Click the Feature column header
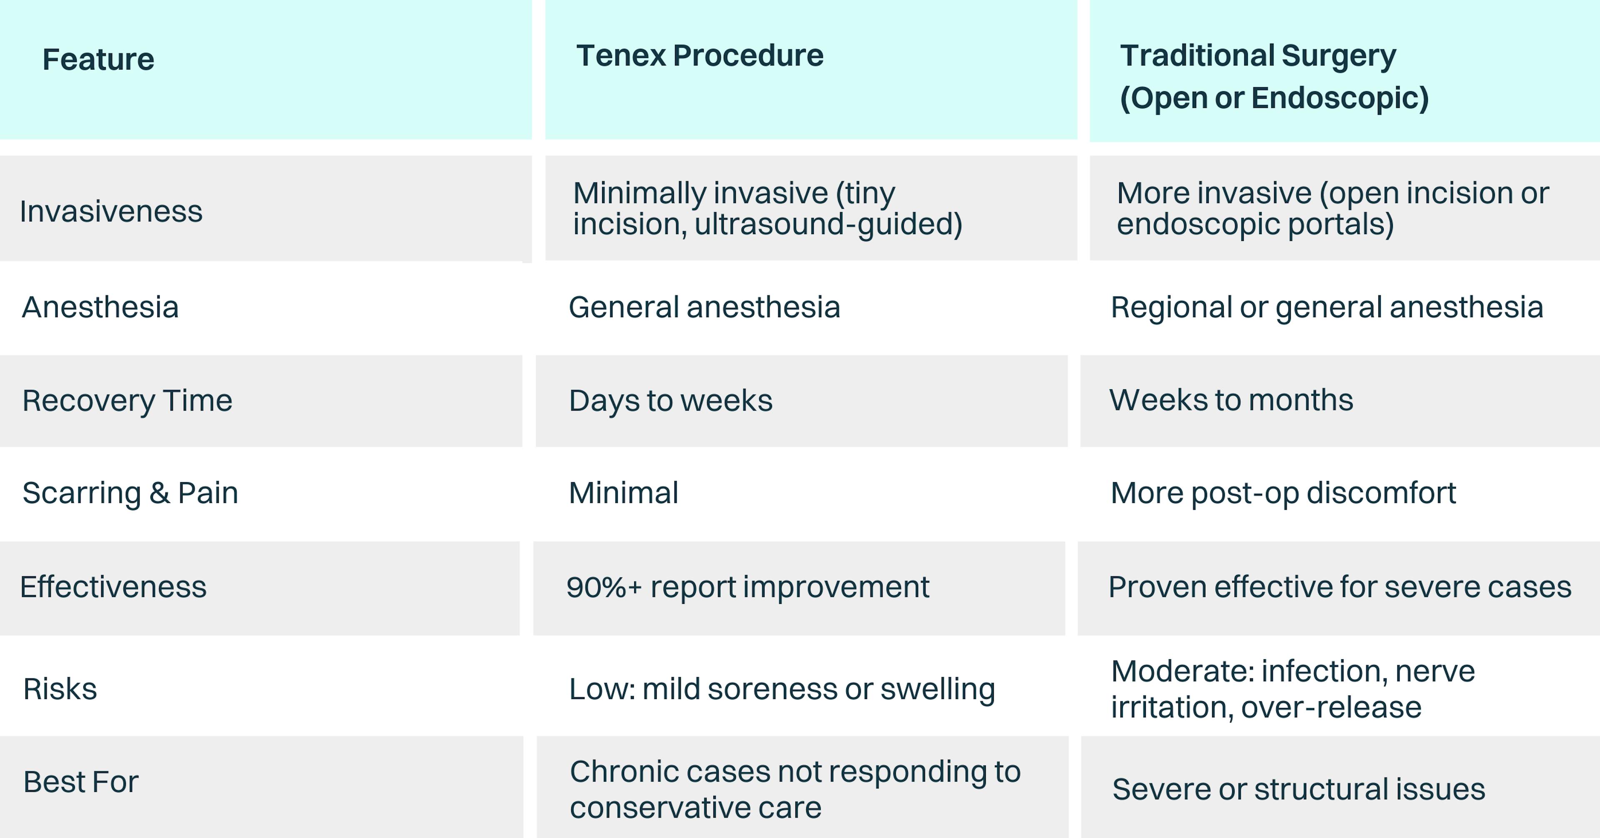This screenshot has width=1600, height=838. pyautogui.click(x=98, y=60)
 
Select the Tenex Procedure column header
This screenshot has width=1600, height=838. pyautogui.click(x=700, y=56)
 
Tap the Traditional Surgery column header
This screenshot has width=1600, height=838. pyautogui.click(x=1273, y=76)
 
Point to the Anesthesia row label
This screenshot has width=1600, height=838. pyautogui.click(x=100, y=307)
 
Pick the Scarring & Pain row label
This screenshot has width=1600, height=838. pyautogui.click(x=130, y=493)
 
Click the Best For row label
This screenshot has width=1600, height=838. pyautogui.click(x=81, y=781)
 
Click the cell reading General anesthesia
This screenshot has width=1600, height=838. pyautogui.click(x=704, y=307)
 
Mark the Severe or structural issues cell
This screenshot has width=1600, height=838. pyautogui.click(x=1299, y=789)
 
